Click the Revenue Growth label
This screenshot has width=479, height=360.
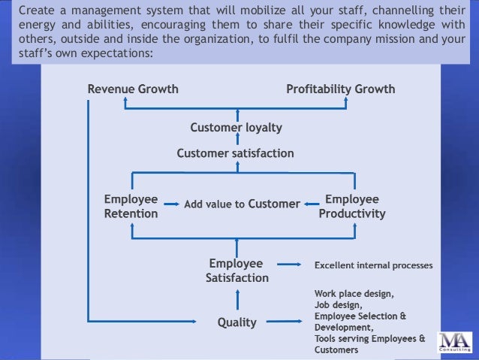click(x=133, y=89)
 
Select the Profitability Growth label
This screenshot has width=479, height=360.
click(x=340, y=89)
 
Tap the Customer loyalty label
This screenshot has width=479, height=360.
click(x=236, y=128)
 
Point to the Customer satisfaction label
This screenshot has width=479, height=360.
click(x=235, y=153)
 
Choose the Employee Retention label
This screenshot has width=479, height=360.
click(x=131, y=207)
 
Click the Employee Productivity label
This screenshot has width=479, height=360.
click(x=351, y=207)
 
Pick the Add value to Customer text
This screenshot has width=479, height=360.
click(x=242, y=203)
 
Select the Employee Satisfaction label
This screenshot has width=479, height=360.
click(x=236, y=271)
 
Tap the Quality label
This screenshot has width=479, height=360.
click(x=236, y=323)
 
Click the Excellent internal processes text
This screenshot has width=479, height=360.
click(x=373, y=265)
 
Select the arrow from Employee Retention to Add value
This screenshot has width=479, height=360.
click(x=173, y=203)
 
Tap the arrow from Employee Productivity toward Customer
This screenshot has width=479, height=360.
click(x=309, y=203)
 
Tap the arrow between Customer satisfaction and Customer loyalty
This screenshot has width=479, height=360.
click(x=236, y=141)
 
